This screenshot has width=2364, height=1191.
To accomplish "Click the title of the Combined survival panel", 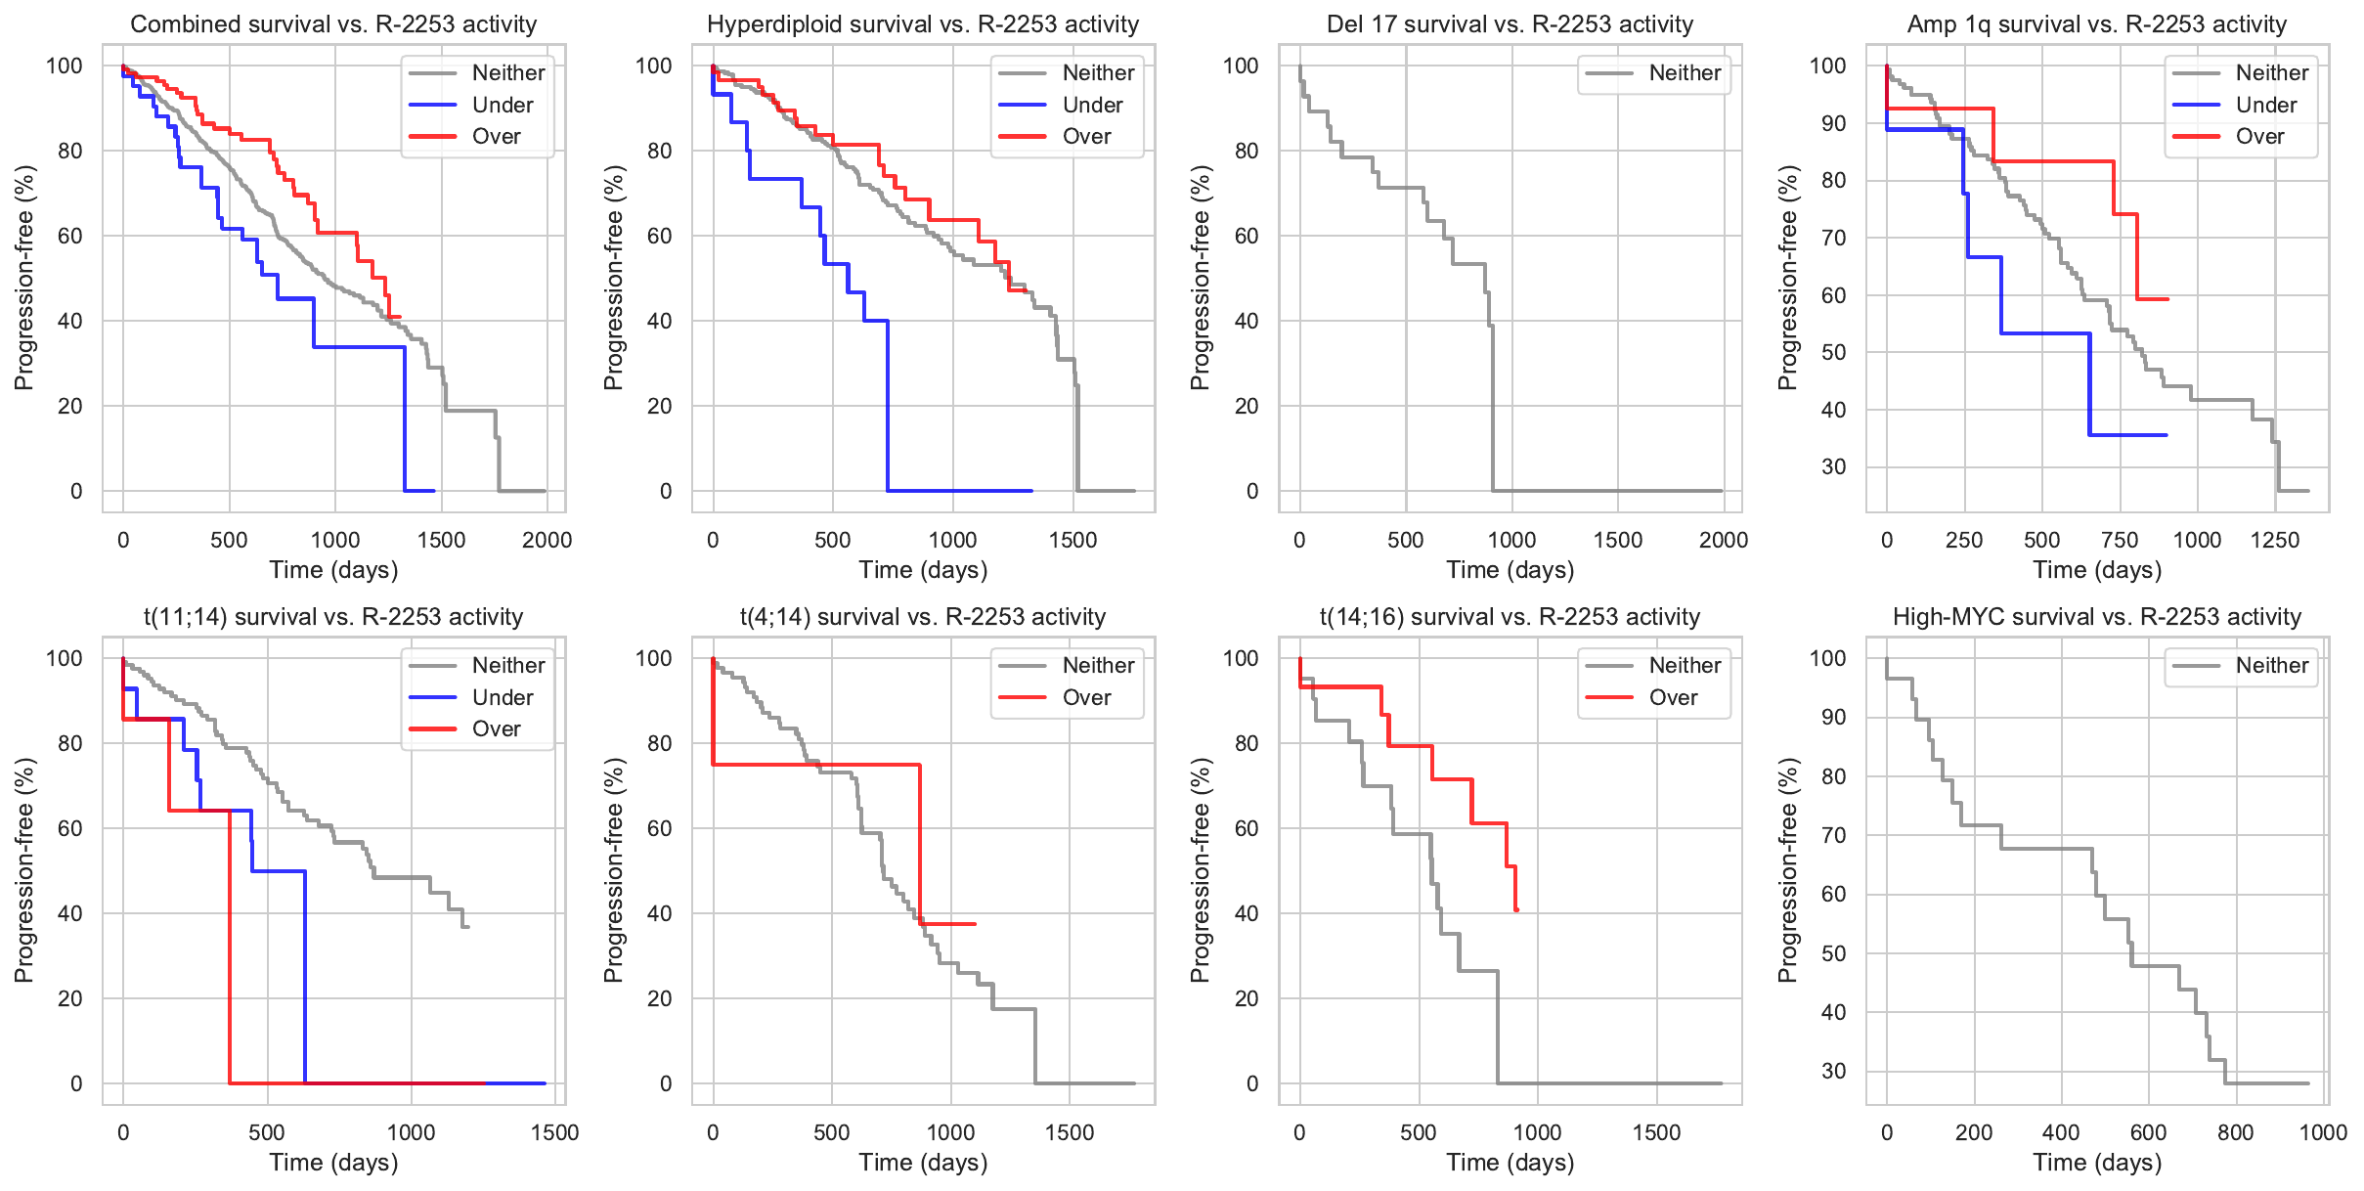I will click(333, 24).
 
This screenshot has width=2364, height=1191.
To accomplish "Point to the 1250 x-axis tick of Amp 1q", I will click(2274, 540).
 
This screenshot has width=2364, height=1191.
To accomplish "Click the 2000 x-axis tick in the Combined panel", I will click(547, 540).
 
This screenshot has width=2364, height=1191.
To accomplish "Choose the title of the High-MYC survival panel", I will click(2096, 617).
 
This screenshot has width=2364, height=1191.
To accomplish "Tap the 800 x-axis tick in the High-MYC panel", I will click(2235, 1132).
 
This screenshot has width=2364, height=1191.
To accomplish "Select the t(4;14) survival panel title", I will click(922, 617).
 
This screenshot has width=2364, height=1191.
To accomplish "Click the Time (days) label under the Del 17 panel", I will click(1510, 570).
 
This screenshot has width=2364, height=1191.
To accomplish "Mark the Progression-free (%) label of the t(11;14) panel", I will click(24, 870).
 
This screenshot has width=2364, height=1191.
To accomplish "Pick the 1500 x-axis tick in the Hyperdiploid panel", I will click(1073, 540).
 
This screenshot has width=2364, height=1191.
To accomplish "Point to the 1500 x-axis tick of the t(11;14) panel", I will click(554, 1132).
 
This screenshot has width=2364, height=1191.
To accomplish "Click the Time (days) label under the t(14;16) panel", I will click(1510, 1163).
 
